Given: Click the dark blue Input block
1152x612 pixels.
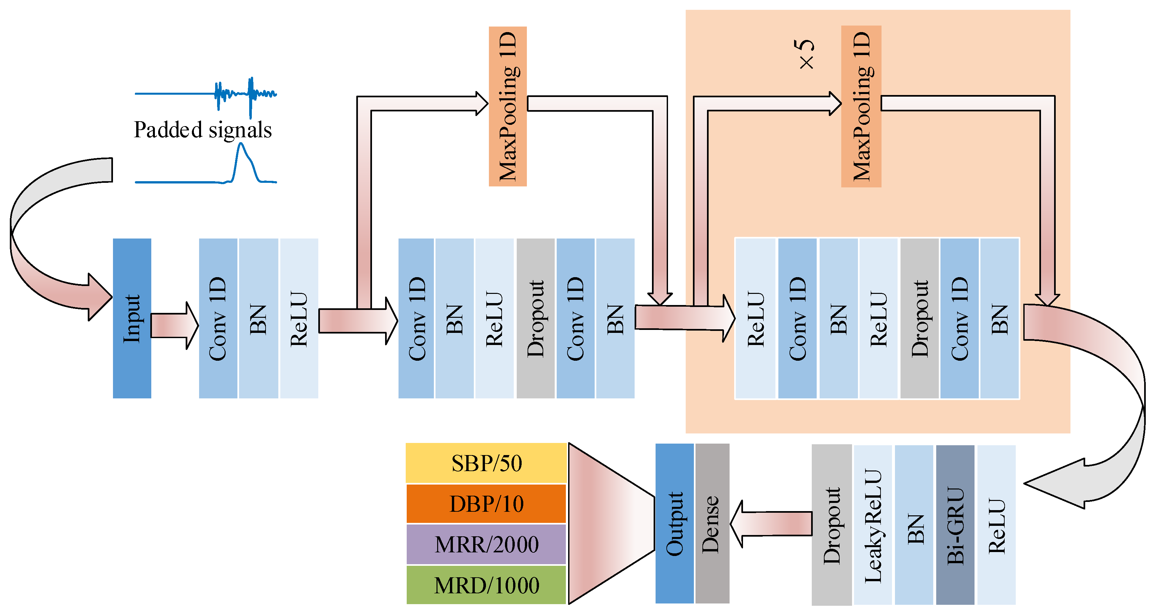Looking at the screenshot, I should [x=132, y=318].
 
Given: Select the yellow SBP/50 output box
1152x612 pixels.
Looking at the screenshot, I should [x=486, y=463].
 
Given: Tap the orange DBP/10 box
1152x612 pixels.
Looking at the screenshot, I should [x=486, y=504].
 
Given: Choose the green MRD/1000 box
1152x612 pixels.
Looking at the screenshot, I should [x=486, y=585].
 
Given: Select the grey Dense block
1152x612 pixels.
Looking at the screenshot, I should [x=712, y=524].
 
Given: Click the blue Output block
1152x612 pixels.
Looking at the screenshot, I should [x=674, y=524].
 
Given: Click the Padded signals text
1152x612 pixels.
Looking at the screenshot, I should [x=203, y=130].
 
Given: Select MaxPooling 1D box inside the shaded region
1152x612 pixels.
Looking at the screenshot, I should [x=861, y=106].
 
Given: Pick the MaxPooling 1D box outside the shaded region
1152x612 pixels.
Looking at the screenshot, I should [x=508, y=106].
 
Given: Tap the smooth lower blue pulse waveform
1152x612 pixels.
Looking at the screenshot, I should [x=241, y=165].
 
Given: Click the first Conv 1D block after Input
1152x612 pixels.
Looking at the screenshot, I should [x=218, y=318].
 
